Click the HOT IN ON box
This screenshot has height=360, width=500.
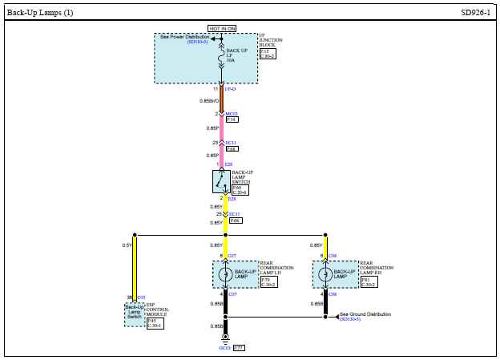click(222, 28)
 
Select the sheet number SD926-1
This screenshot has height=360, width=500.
click(475, 12)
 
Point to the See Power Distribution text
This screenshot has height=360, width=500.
click(184, 37)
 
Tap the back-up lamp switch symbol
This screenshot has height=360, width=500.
click(221, 182)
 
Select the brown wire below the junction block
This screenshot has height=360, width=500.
click(222, 101)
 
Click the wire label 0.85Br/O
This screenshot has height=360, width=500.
click(208, 101)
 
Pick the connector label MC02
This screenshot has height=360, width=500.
click(232, 114)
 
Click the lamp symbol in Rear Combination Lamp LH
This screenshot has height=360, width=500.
click(225, 274)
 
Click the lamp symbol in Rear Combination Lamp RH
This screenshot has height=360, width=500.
click(325, 274)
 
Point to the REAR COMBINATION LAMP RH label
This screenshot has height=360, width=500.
click(377, 268)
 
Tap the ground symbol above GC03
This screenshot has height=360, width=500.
click(225, 338)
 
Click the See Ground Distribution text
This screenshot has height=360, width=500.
click(365, 315)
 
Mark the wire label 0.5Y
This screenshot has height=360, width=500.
click(127, 245)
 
